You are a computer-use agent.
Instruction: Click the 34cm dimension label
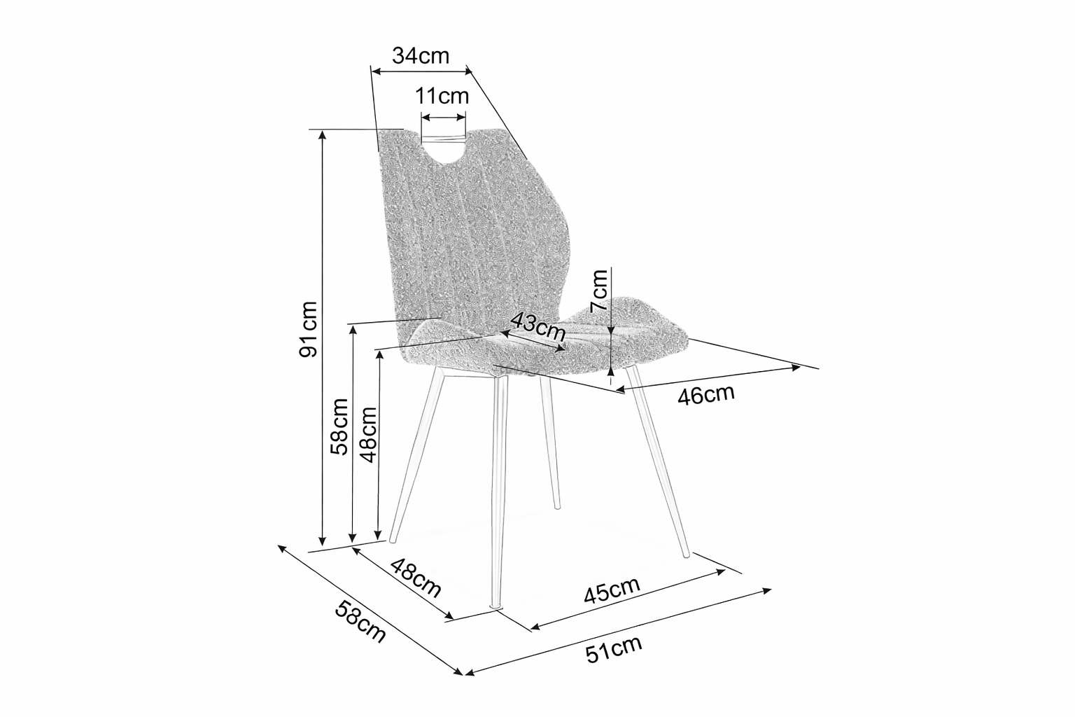[x=421, y=56]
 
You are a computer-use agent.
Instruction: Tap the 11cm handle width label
[x=442, y=96]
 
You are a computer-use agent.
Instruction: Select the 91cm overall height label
[x=308, y=329]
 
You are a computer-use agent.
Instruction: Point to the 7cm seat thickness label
[x=599, y=291]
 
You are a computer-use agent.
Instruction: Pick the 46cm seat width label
[x=706, y=395]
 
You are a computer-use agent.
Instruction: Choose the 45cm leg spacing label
[x=612, y=590]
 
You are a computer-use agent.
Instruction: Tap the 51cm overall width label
[x=614, y=649]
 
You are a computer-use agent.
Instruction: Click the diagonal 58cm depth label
[x=360, y=622]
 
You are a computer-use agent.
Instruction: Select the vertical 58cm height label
[x=339, y=426]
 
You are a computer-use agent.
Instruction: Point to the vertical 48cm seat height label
[x=368, y=435]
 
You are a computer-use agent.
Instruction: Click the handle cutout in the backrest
[x=443, y=149]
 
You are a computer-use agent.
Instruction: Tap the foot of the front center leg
[x=496, y=607]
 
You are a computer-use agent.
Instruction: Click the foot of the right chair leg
[x=686, y=554]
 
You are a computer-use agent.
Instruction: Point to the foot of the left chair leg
[x=392, y=540]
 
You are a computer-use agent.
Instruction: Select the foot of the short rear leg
[x=556, y=506]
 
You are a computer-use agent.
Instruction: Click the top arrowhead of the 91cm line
[x=323, y=135]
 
